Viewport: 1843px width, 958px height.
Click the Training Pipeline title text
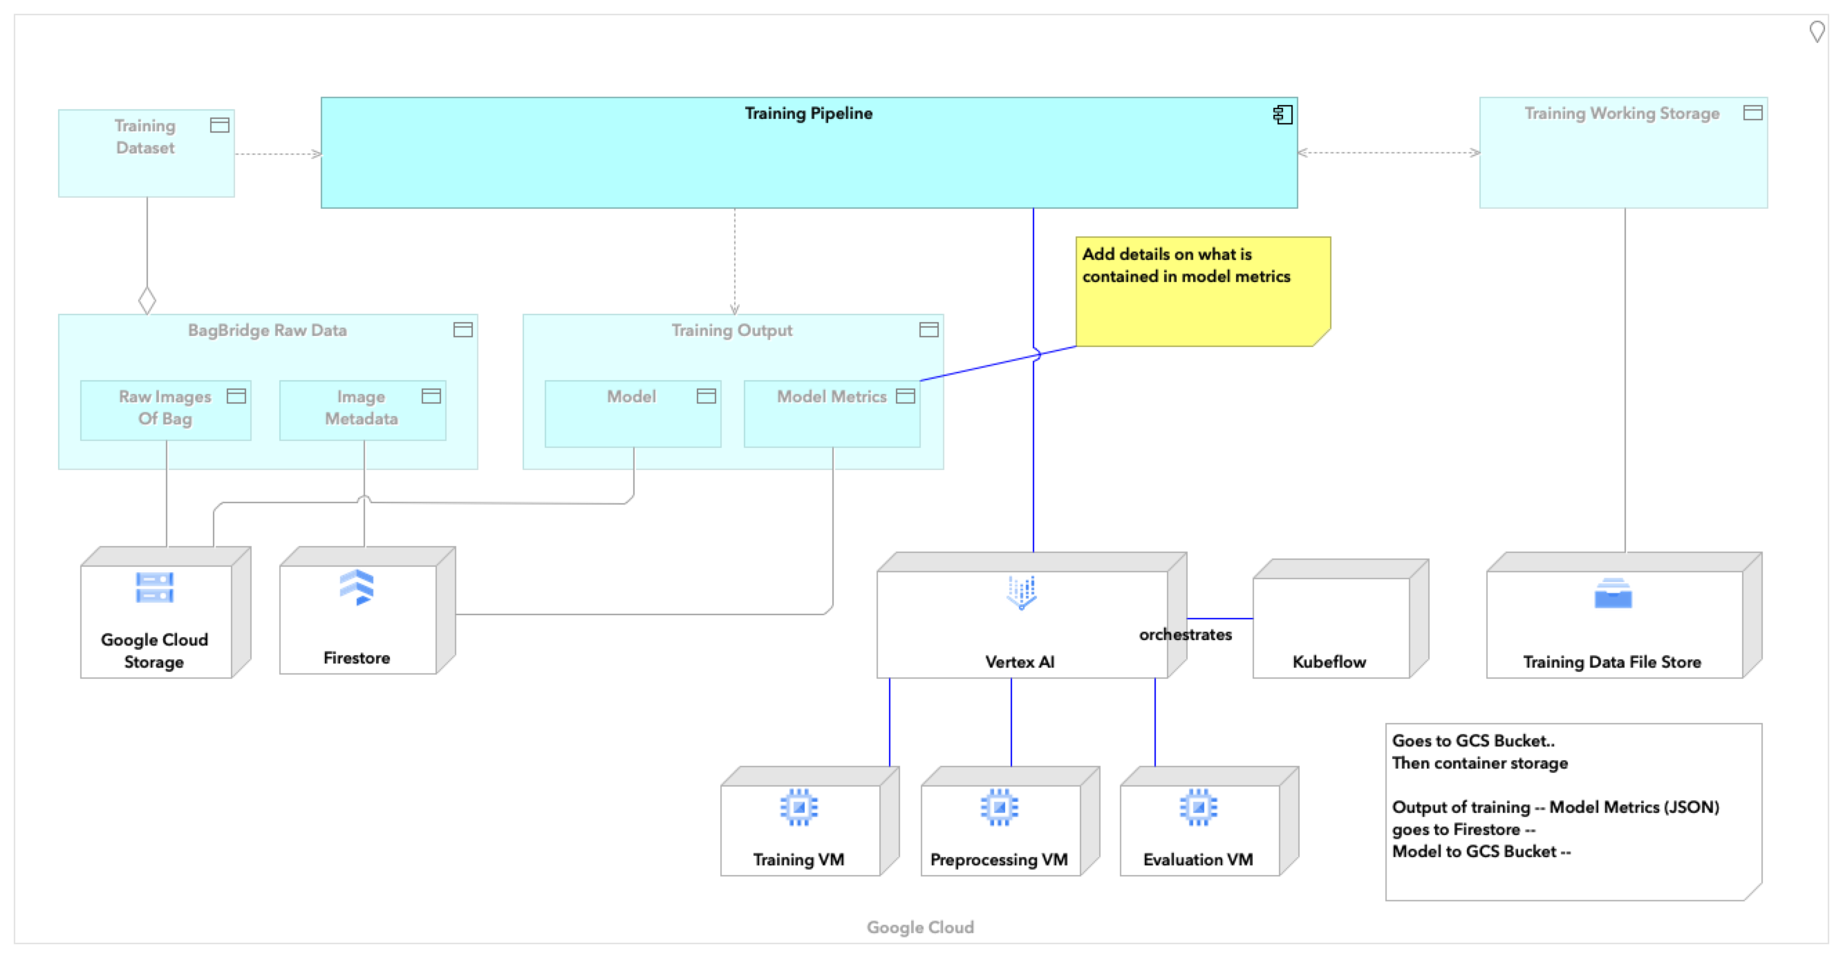point(807,113)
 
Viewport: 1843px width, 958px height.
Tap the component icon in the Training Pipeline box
point(1282,115)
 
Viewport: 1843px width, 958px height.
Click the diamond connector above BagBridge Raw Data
point(147,300)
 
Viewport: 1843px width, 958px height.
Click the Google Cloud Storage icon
point(155,588)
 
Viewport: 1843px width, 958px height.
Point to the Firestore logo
point(356,588)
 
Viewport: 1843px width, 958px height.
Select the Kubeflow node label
point(1329,661)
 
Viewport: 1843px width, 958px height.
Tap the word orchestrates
point(1185,635)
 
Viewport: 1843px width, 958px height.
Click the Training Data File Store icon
point(1613,594)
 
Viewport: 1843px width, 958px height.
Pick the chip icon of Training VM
point(798,808)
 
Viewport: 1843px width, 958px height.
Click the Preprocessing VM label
point(999,859)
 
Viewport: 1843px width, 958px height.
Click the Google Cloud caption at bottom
point(920,927)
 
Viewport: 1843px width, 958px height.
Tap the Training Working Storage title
point(1621,113)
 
